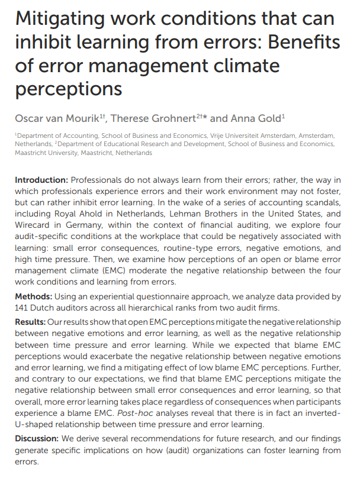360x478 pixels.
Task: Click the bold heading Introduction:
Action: tap(41, 179)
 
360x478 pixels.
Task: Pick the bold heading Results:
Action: tap(31, 323)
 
